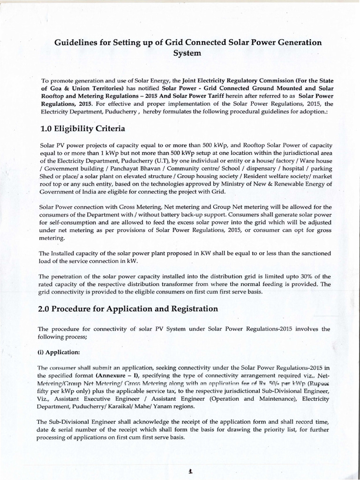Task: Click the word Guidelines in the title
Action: click(76, 43)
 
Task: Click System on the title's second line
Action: click(187, 53)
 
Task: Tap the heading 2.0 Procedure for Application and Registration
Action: click(129, 309)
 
